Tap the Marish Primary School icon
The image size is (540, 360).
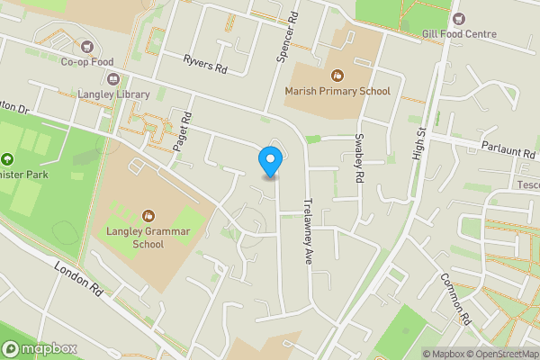(337, 76)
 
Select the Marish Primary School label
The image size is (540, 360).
(337, 91)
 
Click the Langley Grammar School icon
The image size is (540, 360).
(148, 215)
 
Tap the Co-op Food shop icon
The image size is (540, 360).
(87, 46)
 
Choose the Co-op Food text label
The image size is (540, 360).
(87, 62)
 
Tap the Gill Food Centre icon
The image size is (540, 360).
(459, 18)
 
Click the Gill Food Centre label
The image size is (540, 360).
(459, 34)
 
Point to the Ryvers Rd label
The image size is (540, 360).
(205, 64)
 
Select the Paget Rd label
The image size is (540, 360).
(187, 130)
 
